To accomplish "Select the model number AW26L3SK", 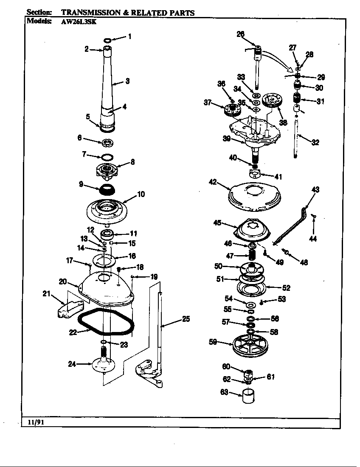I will (76, 22).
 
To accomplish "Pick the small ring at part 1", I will (107, 40).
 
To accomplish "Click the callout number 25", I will (186, 319).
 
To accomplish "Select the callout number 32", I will (315, 143).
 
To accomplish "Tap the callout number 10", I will (141, 194).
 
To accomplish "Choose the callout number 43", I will (315, 189).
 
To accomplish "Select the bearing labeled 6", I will (107, 142).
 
